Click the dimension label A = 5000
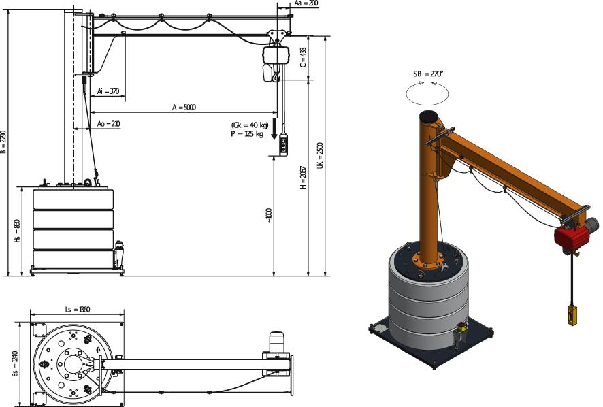[184, 108]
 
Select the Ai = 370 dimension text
[108, 92]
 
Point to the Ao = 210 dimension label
[108, 124]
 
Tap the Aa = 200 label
[306, 3]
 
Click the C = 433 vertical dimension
[304, 57]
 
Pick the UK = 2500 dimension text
[320, 155]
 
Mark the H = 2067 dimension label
[304, 178]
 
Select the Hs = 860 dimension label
[18, 231]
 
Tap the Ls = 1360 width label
[78, 309]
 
